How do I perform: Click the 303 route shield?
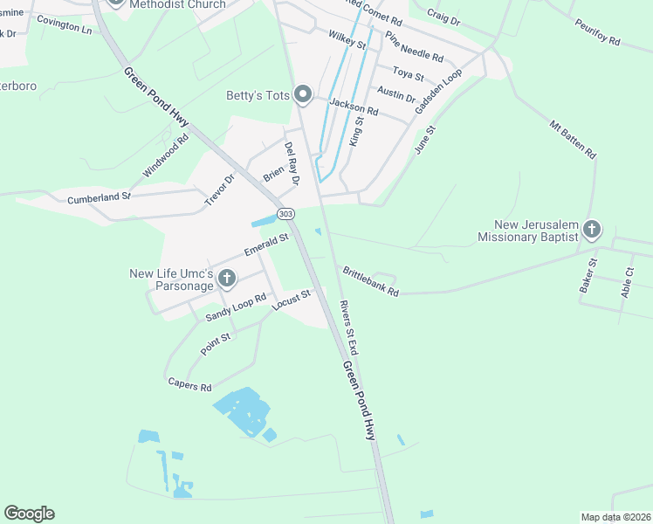click(286, 214)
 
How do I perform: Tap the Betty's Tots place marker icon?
click(303, 93)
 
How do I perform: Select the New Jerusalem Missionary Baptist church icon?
click(592, 230)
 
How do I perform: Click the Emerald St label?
click(266, 245)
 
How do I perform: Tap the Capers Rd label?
click(189, 385)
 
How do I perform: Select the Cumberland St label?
click(99, 198)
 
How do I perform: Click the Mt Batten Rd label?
click(573, 138)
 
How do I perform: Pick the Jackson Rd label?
click(354, 107)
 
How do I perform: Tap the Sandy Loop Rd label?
click(236, 307)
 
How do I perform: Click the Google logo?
click(29, 514)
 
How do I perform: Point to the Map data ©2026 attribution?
click(615, 517)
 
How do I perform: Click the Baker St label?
click(587, 275)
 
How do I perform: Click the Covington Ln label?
click(64, 28)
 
